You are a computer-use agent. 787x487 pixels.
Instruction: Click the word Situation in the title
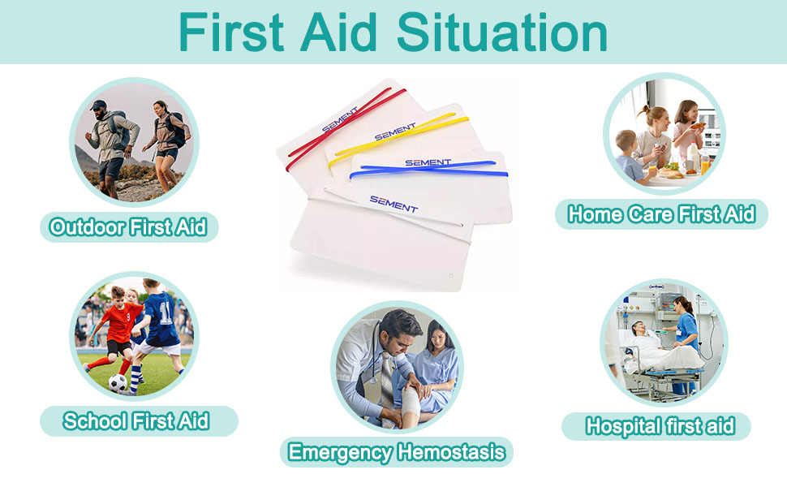coord(502,32)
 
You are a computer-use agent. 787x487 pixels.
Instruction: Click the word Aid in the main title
coord(338,32)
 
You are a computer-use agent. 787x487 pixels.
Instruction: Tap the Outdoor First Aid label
coord(129,227)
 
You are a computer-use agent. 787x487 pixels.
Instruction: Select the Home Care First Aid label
coord(661,214)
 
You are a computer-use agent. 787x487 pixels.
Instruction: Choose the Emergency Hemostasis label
coord(397,452)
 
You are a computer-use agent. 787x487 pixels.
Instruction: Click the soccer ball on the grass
coord(118,383)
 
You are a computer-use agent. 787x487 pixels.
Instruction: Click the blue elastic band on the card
coord(428,170)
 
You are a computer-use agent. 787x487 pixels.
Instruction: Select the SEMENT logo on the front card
coord(393,204)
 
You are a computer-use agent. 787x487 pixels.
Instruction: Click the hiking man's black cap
coord(98,105)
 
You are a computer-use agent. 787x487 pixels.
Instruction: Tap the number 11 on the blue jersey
coord(166,312)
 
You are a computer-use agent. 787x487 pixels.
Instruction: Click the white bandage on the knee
coord(410,402)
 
